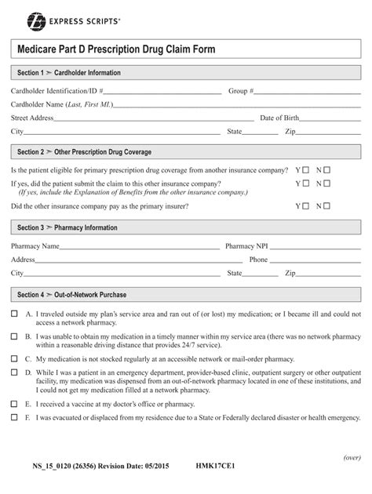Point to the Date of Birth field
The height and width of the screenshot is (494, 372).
tap(330, 118)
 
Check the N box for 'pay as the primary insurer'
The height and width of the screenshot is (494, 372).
tap(327, 207)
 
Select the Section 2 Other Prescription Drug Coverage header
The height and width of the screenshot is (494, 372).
tap(84, 152)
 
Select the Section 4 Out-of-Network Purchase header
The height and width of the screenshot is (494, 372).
tap(71, 295)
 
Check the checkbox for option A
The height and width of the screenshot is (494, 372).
tap(14, 314)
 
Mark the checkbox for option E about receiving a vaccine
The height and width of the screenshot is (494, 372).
tap(14, 404)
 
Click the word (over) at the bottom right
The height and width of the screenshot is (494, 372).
tap(352, 458)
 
